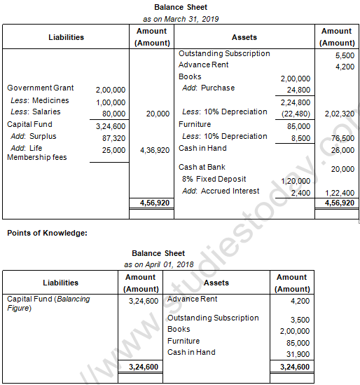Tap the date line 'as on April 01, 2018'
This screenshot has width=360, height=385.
tap(158, 264)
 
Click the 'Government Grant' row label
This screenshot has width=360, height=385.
tap(40, 88)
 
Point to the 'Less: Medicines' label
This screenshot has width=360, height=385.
tap(40, 100)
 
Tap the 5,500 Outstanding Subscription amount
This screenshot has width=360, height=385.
tap(345, 55)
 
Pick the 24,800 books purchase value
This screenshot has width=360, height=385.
tap(298, 90)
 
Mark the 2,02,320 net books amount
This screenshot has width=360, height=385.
tap(339, 114)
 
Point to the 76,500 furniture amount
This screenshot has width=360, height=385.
tap(342, 139)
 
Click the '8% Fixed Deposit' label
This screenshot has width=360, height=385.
tap(214, 180)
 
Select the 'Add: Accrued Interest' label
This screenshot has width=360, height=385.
tap(220, 191)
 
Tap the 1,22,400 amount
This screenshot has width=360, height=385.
tap(339, 192)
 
